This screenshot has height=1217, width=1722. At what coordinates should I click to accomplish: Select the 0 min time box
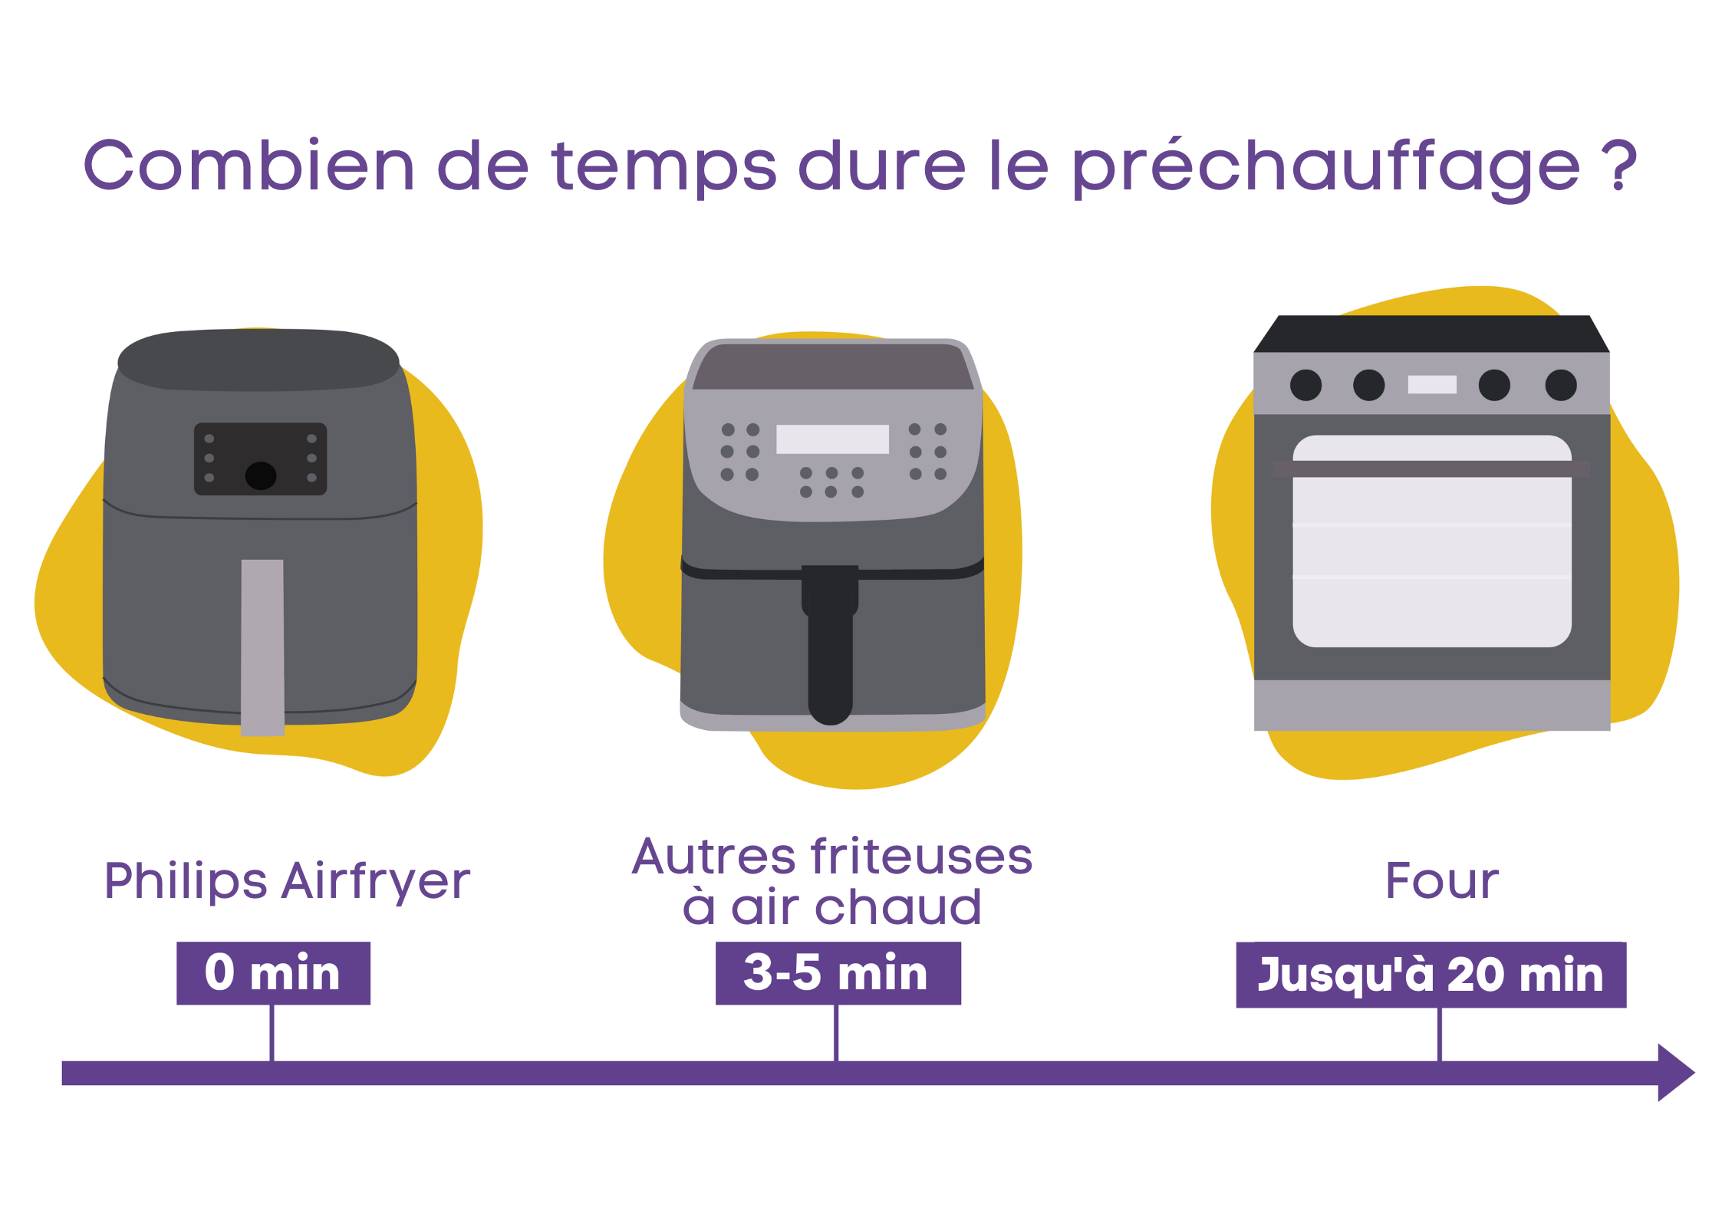pyautogui.click(x=273, y=973)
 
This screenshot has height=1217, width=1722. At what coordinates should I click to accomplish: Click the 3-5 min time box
pyautogui.click(x=838, y=973)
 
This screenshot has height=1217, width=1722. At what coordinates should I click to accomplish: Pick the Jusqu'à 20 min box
pyautogui.click(x=1431, y=975)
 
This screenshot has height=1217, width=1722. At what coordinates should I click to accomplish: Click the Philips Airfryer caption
pyautogui.click(x=287, y=881)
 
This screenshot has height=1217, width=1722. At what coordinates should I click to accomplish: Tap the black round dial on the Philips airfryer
pyautogui.click(x=261, y=475)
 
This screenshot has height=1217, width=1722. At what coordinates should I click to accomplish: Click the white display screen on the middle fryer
pyautogui.click(x=832, y=439)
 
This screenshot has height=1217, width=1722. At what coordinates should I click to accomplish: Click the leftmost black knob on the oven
pyautogui.click(x=1305, y=385)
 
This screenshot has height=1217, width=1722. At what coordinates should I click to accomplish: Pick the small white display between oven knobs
pyautogui.click(x=1431, y=384)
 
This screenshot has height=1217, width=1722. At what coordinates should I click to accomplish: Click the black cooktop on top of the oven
pyautogui.click(x=1431, y=334)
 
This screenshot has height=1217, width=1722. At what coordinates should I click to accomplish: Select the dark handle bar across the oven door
pyautogui.click(x=1431, y=469)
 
